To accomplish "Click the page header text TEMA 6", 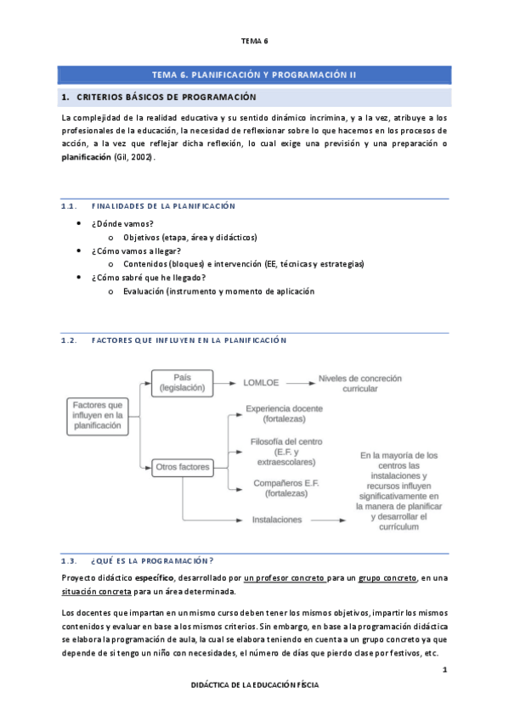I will pyautogui.click(x=254, y=41).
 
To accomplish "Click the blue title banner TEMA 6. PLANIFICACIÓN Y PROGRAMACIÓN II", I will pyautogui.click(x=254, y=75).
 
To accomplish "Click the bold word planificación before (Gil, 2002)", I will pyautogui.click(x=87, y=158).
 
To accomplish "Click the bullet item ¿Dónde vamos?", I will pyautogui.click(x=122, y=223).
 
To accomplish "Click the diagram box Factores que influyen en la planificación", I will pyautogui.click(x=98, y=415).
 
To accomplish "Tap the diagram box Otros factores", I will pyautogui.click(x=182, y=467).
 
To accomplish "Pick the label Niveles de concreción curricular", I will pyautogui.click(x=359, y=383).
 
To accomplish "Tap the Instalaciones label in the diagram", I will pyautogui.click(x=277, y=519).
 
